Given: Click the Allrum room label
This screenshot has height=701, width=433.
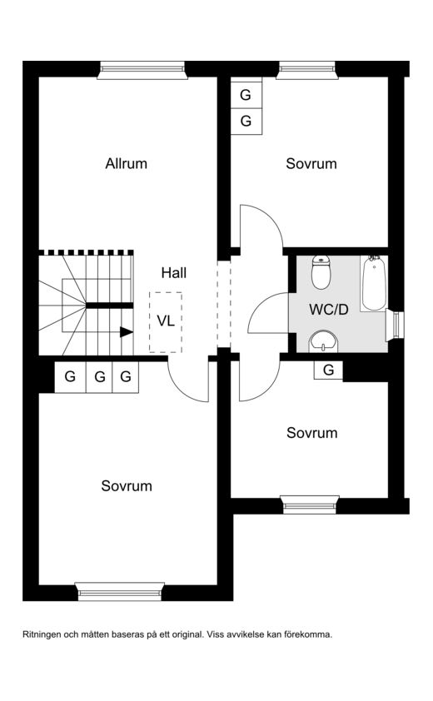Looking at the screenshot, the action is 126,164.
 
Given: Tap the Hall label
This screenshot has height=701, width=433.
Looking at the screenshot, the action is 174,273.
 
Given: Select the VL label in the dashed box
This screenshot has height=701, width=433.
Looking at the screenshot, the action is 166,321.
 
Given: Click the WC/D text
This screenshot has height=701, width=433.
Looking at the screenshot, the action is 329,310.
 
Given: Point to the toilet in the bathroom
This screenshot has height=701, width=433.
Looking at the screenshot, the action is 321,272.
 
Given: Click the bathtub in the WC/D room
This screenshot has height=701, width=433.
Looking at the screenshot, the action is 374,283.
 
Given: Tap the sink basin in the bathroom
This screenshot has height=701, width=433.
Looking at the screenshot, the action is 323,342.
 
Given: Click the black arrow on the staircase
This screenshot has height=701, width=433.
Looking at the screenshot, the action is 127,332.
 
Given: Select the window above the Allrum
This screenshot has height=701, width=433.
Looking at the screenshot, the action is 142,70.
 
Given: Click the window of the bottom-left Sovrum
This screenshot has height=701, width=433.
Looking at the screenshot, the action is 119,591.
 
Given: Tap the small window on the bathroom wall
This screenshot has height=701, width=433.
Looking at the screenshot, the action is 396,324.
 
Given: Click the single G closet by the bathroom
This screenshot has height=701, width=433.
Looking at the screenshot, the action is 328,370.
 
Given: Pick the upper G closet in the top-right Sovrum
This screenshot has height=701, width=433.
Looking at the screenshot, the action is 246,95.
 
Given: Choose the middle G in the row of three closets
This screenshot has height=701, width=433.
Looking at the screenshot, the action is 99,377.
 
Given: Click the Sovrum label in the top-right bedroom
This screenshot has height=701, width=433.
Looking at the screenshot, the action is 311,164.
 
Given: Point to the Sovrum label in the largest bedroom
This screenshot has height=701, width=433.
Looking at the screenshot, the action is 127,486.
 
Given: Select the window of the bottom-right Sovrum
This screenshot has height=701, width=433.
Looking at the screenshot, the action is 311,505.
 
